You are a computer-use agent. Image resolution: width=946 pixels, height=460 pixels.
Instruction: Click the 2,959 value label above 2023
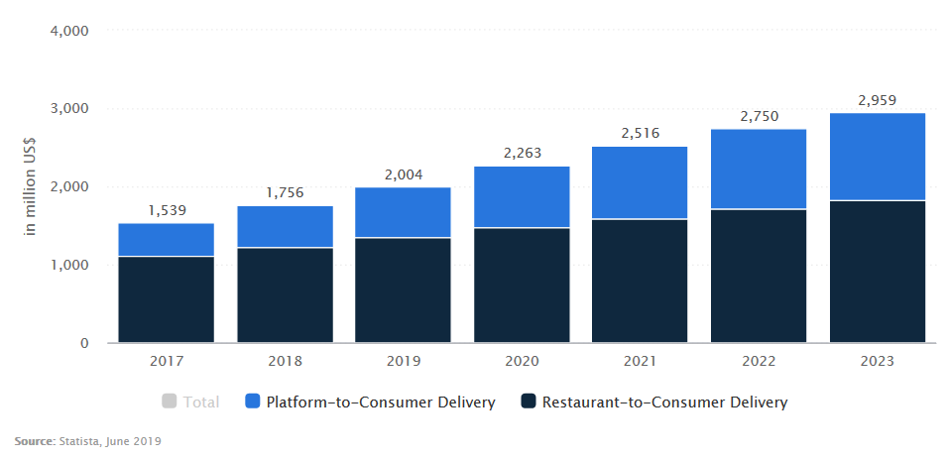click(878, 99)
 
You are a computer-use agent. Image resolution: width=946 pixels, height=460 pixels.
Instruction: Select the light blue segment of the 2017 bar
click(166, 240)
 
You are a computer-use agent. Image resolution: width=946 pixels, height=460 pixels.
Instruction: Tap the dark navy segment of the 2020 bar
click(522, 286)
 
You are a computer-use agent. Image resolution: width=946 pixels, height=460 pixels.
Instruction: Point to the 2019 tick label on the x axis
click(403, 362)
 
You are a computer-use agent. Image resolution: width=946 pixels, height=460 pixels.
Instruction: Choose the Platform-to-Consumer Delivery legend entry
click(381, 402)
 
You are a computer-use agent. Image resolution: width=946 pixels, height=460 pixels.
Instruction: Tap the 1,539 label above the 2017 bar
click(166, 210)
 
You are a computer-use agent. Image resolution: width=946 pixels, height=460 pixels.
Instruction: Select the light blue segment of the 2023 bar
click(878, 157)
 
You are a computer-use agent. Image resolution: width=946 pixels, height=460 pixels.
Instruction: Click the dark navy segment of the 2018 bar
click(285, 295)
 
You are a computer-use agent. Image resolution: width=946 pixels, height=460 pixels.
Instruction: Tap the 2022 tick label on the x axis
click(759, 362)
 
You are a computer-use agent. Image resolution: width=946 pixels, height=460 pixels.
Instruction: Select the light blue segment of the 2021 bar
click(640, 182)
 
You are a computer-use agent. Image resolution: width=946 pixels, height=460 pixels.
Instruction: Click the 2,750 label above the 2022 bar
click(759, 116)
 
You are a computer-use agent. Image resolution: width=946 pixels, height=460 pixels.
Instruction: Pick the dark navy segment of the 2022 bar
click(759, 277)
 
